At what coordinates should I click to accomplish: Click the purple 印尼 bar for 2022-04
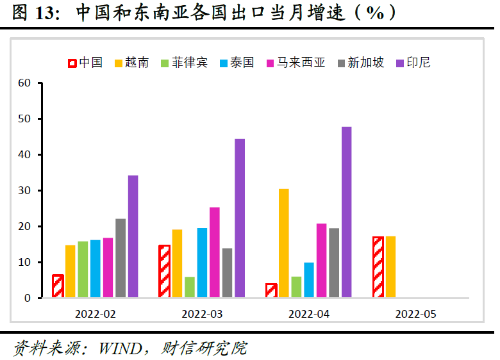[346, 212]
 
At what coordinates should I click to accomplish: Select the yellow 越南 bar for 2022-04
[283, 243]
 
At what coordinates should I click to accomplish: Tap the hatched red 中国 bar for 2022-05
[378, 267]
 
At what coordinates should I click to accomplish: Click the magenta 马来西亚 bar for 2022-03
[215, 252]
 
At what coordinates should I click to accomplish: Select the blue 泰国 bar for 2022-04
[309, 280]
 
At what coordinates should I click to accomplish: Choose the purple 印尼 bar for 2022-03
[240, 218]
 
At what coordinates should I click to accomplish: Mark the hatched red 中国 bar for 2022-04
[271, 291]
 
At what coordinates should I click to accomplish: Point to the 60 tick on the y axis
[25, 83]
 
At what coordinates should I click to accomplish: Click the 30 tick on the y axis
[25, 191]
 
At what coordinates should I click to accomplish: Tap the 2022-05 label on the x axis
[415, 314]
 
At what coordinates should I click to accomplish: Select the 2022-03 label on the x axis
[202, 314]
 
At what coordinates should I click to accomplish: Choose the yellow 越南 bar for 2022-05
[390, 267]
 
